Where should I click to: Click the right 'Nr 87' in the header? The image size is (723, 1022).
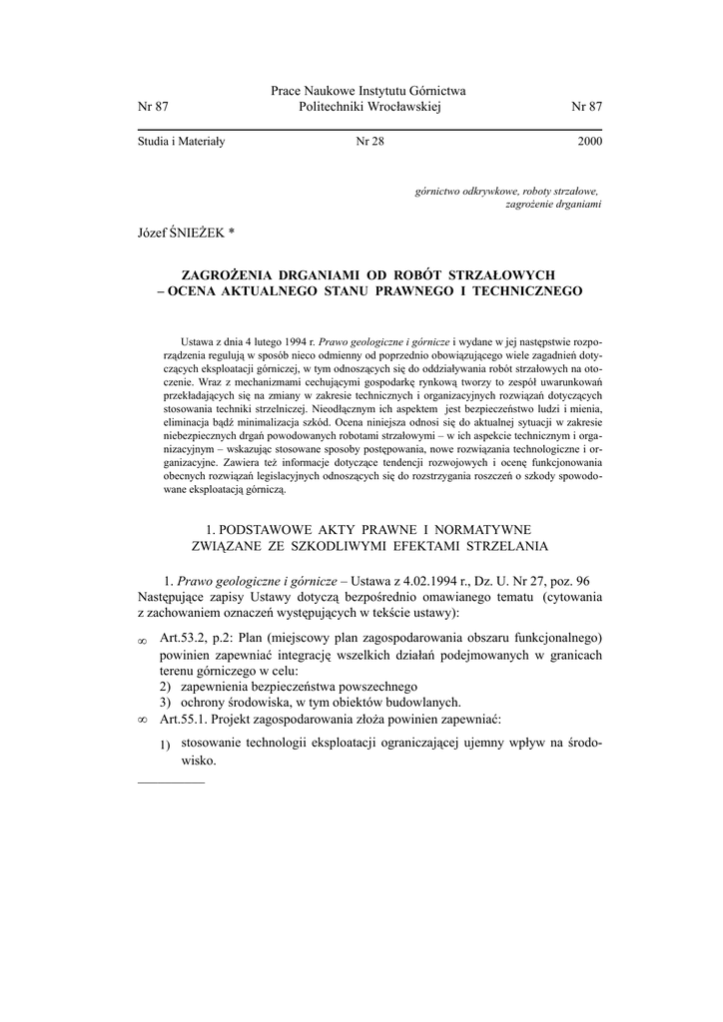click(x=586, y=107)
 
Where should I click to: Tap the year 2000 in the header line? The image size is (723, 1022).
click(x=589, y=142)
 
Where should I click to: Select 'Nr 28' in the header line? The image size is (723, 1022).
click(x=369, y=142)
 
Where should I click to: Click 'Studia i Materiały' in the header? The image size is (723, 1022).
click(x=181, y=142)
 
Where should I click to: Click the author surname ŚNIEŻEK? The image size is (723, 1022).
click(x=198, y=233)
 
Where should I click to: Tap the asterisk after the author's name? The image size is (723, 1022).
click(x=232, y=232)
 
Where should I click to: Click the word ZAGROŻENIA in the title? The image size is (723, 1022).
click(x=232, y=273)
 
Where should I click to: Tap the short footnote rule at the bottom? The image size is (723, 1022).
click(x=170, y=782)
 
